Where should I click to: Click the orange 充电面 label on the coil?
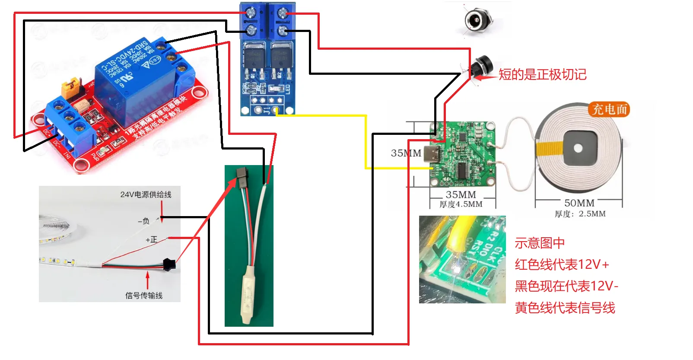(x=609, y=109)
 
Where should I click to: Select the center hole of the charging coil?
(x=578, y=149)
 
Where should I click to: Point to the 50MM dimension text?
(x=579, y=203)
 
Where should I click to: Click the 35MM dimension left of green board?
(x=406, y=153)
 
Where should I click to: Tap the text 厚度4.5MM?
(x=461, y=204)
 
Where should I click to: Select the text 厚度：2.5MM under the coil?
(x=580, y=214)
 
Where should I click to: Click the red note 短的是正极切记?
(x=542, y=74)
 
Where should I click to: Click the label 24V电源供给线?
(x=146, y=194)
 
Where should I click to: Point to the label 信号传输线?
(x=144, y=296)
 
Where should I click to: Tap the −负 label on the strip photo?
(x=143, y=221)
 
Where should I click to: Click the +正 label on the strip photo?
(x=151, y=240)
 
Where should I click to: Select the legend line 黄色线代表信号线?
(x=565, y=308)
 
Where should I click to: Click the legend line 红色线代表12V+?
(x=562, y=264)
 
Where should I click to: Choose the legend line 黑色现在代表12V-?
(x=566, y=286)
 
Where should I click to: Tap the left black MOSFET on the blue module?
(x=254, y=56)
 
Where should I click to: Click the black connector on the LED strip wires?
(x=169, y=263)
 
